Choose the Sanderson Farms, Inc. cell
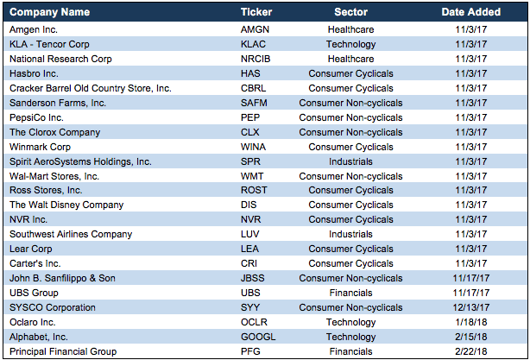[58, 103]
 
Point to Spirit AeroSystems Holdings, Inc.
[80, 161]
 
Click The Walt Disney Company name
[66, 205]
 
